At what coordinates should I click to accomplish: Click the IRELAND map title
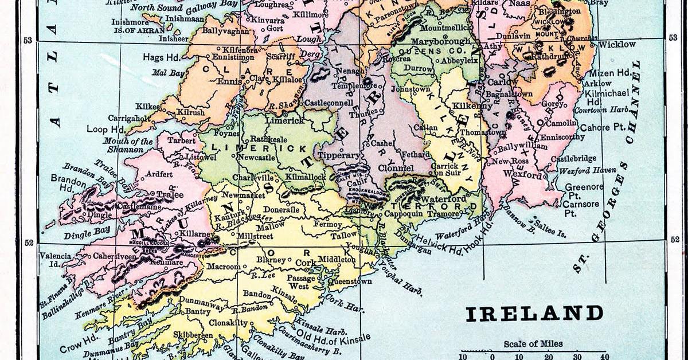[534, 314]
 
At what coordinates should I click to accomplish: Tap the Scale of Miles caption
[533, 344]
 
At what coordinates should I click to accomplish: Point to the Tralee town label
[166, 194]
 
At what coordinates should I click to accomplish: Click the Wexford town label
[522, 174]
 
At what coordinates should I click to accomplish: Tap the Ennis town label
[229, 81]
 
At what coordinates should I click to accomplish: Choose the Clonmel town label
[396, 169]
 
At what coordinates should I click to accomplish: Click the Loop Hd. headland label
[103, 130]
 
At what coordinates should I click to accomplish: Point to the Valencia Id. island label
[56, 260]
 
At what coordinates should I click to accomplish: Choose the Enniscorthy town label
[558, 137]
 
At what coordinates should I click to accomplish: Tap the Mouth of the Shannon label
[128, 146]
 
